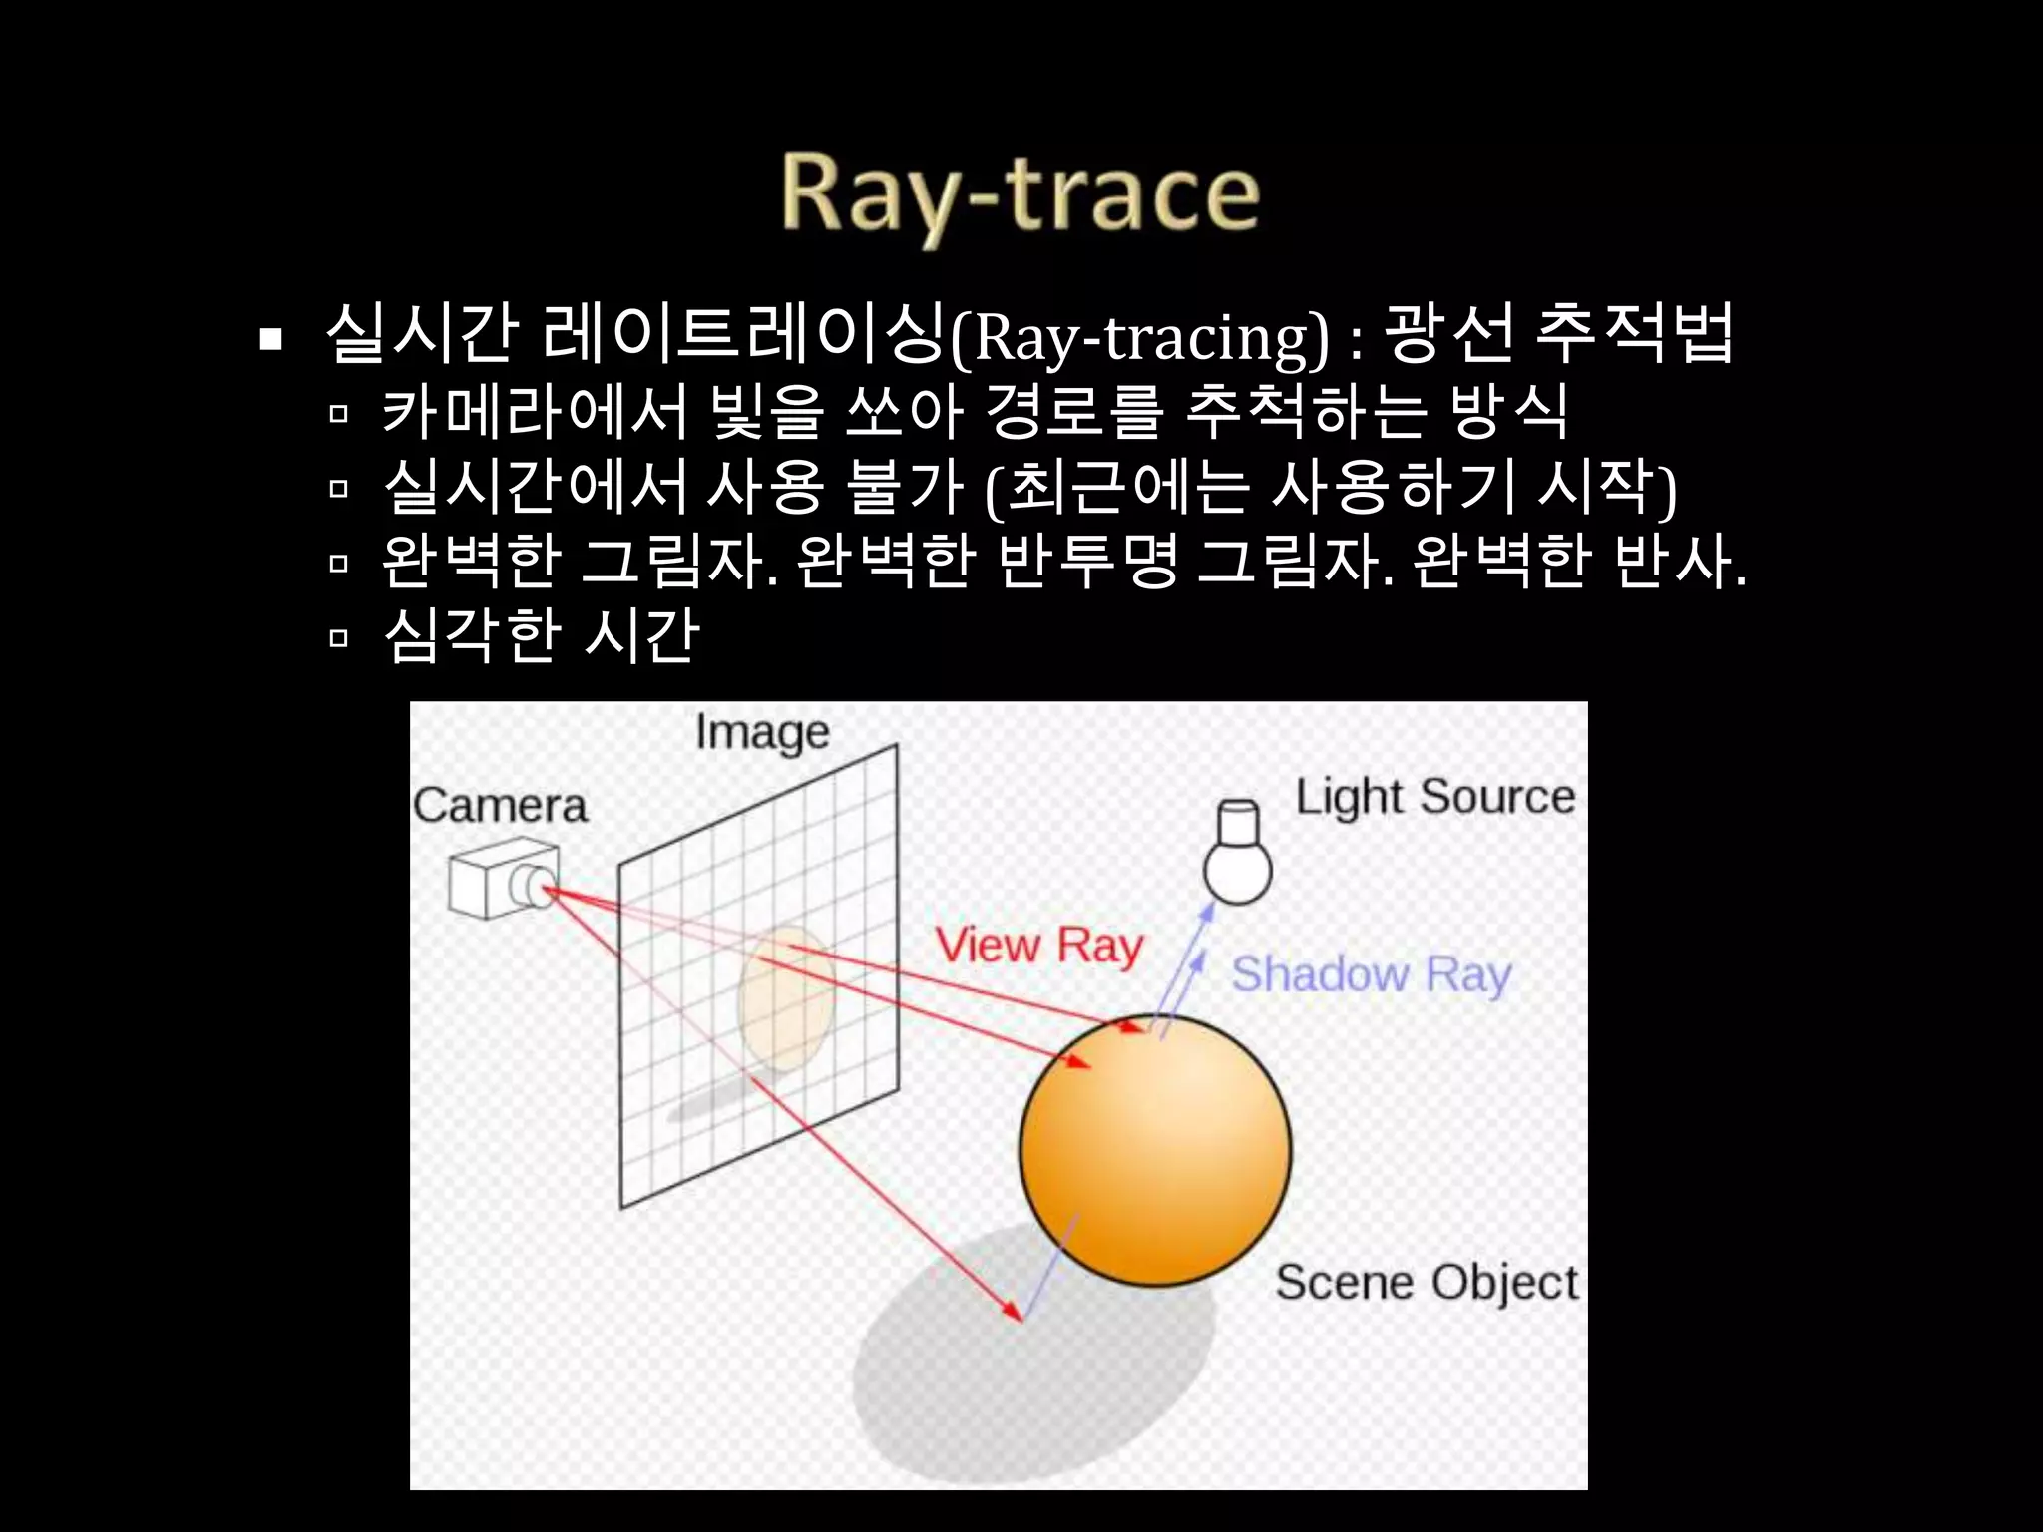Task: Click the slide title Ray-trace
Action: (1020, 195)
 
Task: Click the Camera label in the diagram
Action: (500, 805)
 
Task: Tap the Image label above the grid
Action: (762, 733)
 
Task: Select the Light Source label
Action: (1434, 797)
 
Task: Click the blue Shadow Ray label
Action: (1371, 973)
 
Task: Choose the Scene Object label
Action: (1427, 1282)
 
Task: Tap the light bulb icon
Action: (1238, 854)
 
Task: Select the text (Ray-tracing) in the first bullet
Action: (1138, 338)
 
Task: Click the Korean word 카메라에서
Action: (535, 412)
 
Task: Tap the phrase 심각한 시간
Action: (542, 635)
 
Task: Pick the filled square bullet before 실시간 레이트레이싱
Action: (269, 340)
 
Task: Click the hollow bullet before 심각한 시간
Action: (338, 638)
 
